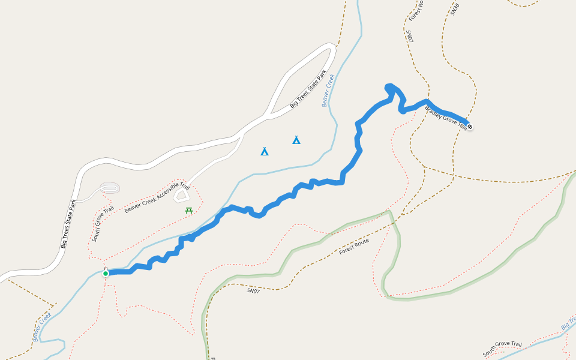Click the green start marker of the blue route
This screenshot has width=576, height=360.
click(106, 274)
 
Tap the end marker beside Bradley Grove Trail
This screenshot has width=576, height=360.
click(470, 127)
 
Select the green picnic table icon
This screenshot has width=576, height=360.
click(189, 210)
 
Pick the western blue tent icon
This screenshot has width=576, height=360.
click(265, 151)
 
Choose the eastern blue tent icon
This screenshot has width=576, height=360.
click(296, 140)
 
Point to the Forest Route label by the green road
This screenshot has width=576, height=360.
click(354, 246)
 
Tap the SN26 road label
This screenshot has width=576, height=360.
click(455, 8)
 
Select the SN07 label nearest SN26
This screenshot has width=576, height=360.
click(409, 36)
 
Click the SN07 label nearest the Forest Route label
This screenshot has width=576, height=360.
click(253, 291)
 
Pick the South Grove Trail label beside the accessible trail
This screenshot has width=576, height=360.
click(103, 224)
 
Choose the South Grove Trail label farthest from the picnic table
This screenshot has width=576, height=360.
click(502, 348)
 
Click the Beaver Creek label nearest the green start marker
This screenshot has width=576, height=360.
click(43, 326)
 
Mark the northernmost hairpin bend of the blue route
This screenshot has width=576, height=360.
click(390, 87)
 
